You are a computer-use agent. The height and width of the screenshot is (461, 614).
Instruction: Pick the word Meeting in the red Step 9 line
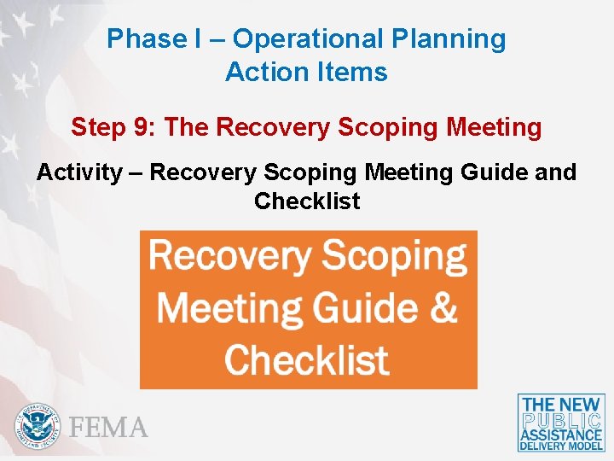[494, 127]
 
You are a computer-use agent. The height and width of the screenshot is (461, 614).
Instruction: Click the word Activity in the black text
[78, 172]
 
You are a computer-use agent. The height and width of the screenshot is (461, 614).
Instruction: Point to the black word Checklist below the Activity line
[307, 201]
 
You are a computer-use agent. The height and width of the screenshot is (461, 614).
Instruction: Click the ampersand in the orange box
[442, 307]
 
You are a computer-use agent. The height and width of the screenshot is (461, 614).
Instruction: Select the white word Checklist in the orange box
[307, 359]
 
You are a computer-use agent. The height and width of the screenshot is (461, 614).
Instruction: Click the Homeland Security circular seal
[38, 425]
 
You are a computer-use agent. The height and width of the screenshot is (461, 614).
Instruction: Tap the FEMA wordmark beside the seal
[109, 427]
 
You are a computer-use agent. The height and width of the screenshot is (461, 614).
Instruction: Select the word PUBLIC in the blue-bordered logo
[561, 421]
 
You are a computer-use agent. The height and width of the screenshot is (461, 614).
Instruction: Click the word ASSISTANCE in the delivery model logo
[561, 435]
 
